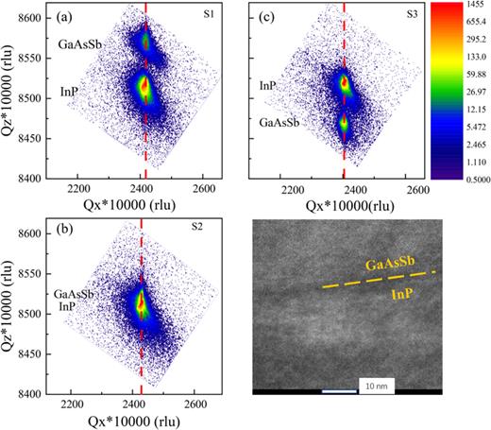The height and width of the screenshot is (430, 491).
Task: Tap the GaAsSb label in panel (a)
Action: coord(81,43)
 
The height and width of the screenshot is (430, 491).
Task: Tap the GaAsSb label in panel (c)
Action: coord(281,123)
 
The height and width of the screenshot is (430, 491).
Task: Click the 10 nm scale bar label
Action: coord(372,386)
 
